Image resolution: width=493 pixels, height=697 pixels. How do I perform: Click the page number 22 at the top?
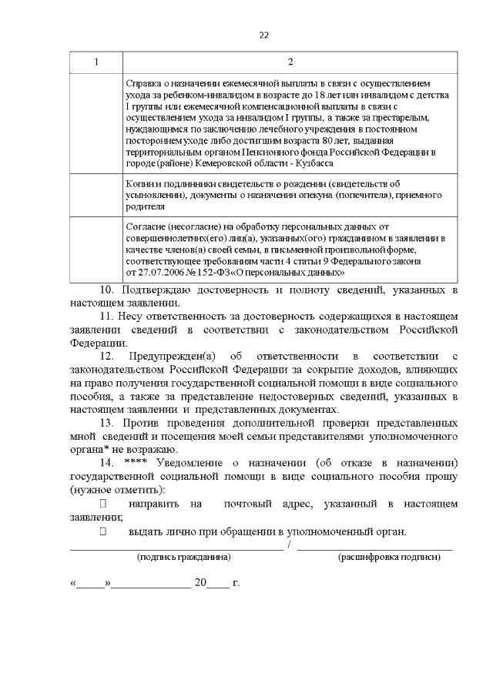[263, 35]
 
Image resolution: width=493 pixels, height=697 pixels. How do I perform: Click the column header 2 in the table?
[290, 62]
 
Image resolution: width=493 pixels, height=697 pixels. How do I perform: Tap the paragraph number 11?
[108, 317]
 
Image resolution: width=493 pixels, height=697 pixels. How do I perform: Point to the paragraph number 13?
[108, 423]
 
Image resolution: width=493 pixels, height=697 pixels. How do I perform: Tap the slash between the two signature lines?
[289, 545]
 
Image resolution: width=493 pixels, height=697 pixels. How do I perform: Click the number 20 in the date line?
[201, 583]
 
